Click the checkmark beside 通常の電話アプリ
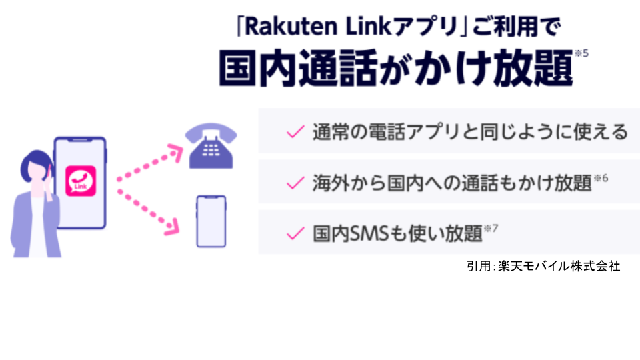(295, 131)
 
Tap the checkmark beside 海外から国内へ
(295, 182)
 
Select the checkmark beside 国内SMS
(295, 233)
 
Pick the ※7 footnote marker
(492, 229)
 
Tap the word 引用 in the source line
(478, 266)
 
